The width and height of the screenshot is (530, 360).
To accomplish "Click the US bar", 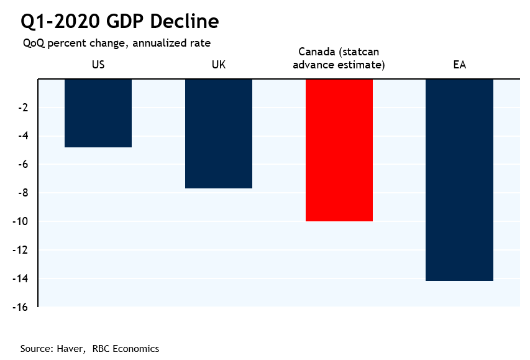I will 98,113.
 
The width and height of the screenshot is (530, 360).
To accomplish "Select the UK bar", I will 219,134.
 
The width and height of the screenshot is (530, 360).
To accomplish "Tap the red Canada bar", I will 339,150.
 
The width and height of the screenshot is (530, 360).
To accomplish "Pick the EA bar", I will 459,180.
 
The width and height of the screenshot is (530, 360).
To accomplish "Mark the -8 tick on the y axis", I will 25,193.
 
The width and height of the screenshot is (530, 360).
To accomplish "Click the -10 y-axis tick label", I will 22,222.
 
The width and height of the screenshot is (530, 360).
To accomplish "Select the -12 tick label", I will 22,251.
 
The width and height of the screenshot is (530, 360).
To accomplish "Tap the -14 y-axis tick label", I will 22,279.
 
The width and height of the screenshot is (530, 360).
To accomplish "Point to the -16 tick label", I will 22,307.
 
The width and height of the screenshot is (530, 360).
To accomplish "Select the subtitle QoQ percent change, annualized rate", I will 117,43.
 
